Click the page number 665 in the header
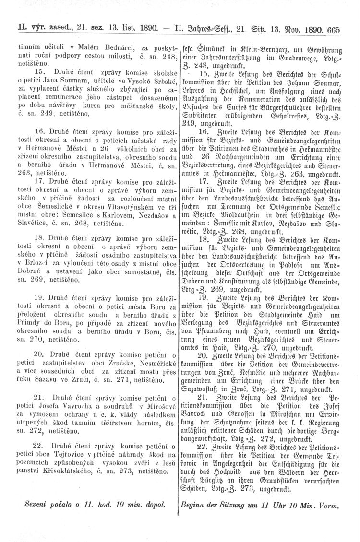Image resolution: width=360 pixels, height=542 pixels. point(332,29)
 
